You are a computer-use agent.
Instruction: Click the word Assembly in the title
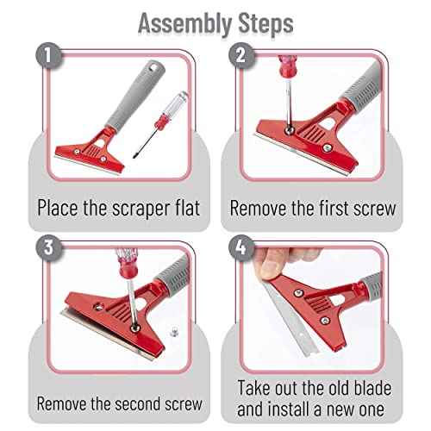(x=177, y=23)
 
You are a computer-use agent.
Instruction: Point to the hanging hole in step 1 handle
(x=158, y=66)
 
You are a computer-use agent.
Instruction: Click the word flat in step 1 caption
(x=178, y=208)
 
